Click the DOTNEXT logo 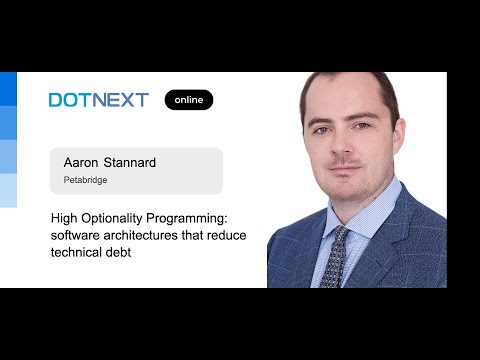[98, 100]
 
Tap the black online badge [189, 100]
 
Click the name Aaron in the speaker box [80, 162]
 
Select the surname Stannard [129, 162]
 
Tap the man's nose [343, 146]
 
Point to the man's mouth [342, 169]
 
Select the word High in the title [66, 217]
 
